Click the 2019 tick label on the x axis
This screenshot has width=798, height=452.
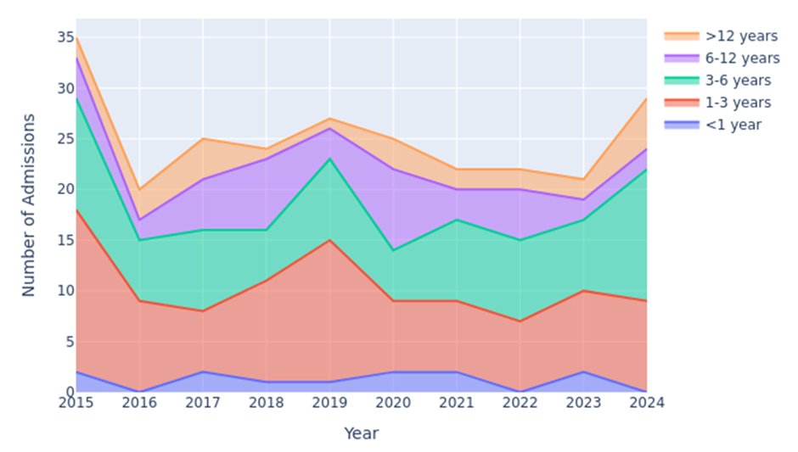(329, 403)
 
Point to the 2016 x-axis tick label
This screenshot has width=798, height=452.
(139, 403)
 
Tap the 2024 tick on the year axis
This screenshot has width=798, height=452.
(647, 403)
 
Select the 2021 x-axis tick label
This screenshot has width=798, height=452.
(457, 403)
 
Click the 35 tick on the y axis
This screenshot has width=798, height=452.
(65, 37)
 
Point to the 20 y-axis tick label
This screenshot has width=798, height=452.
(65, 189)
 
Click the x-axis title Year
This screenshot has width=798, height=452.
(361, 433)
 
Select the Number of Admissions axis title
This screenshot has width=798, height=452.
(29, 204)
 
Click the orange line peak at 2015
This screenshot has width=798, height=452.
(76, 37)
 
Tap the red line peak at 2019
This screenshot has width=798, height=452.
(329, 240)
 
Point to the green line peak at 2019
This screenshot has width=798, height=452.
(329, 159)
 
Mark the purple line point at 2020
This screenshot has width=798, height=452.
(393, 169)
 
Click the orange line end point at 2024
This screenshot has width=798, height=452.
(647, 98)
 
